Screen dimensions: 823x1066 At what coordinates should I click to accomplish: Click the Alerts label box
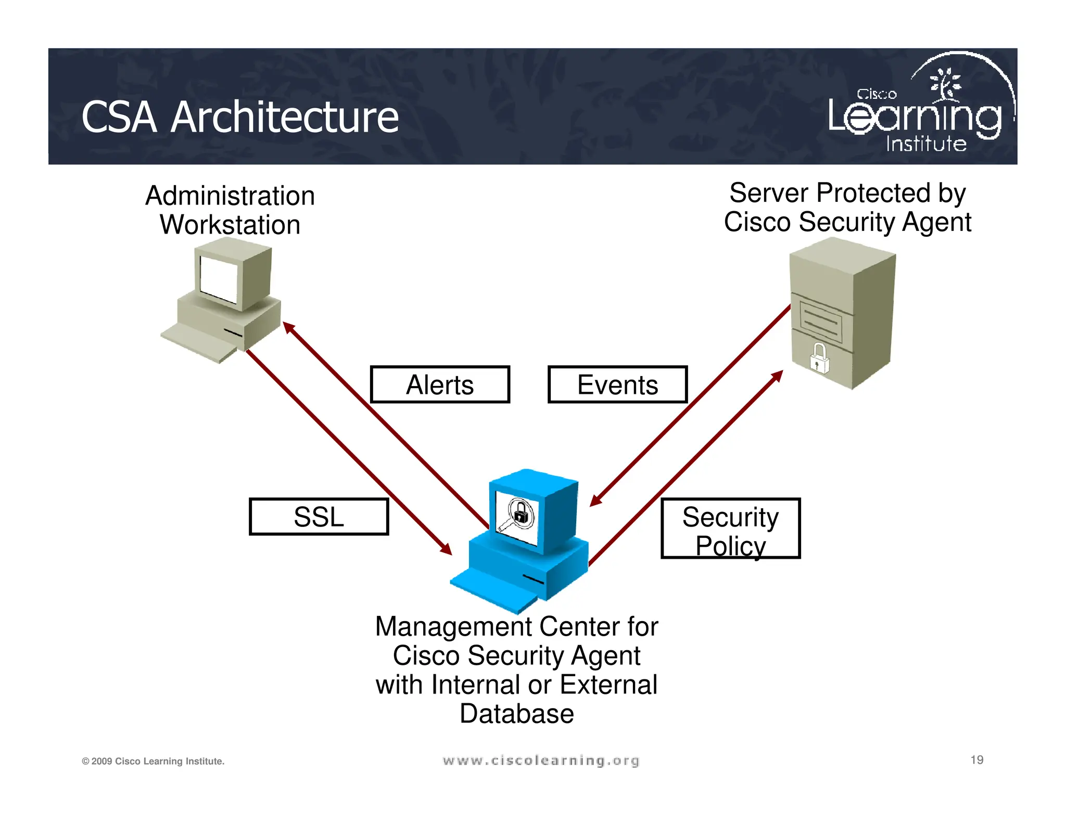pyautogui.click(x=440, y=384)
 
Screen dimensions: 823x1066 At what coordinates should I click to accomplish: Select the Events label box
pyautogui.click(x=618, y=384)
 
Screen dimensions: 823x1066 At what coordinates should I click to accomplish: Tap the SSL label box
pyautogui.click(x=319, y=517)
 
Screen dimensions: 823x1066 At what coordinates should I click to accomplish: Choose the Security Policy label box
pyautogui.click(x=731, y=529)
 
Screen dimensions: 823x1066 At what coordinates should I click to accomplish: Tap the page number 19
pyautogui.click(x=976, y=760)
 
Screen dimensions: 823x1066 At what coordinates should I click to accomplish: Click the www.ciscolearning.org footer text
pyautogui.click(x=541, y=761)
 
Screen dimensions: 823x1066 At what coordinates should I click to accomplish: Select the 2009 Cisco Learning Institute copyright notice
pyautogui.click(x=153, y=761)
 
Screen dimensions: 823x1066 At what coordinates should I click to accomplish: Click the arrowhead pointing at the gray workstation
pyautogui.click(x=288, y=327)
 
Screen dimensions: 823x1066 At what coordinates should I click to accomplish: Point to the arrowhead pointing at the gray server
pyautogui.click(x=778, y=375)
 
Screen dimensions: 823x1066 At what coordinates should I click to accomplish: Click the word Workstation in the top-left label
pyautogui.click(x=230, y=225)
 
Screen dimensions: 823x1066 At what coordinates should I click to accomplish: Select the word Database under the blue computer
pyautogui.click(x=516, y=713)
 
